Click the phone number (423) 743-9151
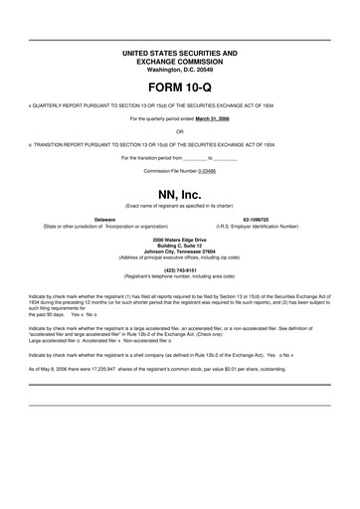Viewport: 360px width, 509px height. (x=179, y=268)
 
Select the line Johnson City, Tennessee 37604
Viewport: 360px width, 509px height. (x=179, y=251)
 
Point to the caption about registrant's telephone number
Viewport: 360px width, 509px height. (x=179, y=275)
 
